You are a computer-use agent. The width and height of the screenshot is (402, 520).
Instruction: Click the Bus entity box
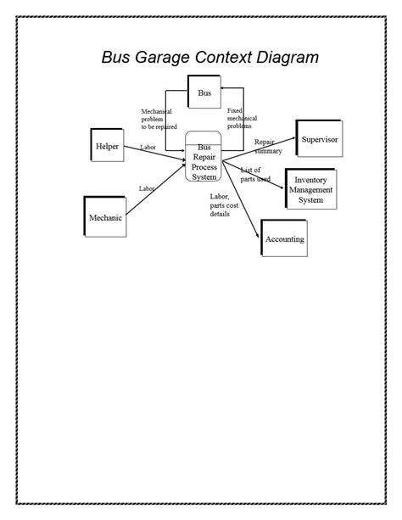click(x=204, y=93)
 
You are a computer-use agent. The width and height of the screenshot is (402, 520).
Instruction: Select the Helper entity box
click(x=108, y=146)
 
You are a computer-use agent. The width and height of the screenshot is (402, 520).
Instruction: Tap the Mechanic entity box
click(x=106, y=218)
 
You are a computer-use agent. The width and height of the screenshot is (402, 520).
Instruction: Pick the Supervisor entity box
click(x=321, y=138)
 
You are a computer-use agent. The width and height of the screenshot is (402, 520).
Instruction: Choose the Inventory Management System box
click(x=311, y=190)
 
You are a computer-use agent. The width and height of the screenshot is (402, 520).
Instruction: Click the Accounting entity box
click(x=285, y=239)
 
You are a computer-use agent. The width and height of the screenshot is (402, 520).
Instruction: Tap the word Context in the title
click(x=226, y=59)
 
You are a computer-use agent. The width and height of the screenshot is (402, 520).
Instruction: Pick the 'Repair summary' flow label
click(x=267, y=146)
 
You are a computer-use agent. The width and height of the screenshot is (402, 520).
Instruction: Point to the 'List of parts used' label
click(x=254, y=175)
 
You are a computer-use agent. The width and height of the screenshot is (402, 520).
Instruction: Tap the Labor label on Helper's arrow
click(x=148, y=148)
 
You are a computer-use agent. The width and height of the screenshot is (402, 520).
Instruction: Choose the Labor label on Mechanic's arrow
click(x=145, y=188)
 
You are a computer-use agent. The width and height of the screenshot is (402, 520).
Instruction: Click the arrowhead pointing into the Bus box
click(x=221, y=86)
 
